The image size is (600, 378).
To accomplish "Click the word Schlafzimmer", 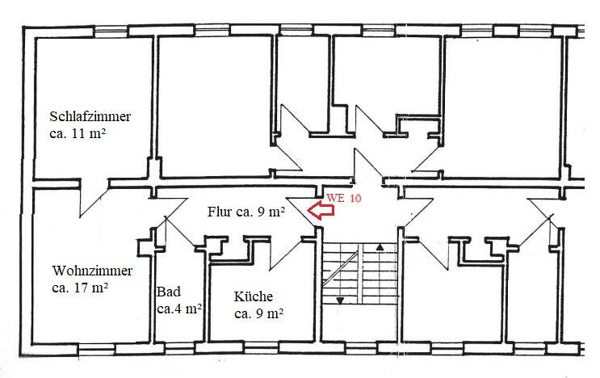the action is tap(89, 116).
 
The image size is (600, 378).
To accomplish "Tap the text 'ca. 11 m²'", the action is tap(79, 134).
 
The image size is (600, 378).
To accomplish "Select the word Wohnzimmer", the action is tap(91, 270).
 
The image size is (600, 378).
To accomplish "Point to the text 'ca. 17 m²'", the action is tap(80, 288).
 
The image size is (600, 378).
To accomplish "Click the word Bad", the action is tap(168, 292).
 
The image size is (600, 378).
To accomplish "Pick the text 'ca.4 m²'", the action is tap(178, 309).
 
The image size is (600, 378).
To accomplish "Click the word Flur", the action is tap(220, 212).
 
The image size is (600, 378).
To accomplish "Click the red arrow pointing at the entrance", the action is tap(321, 212).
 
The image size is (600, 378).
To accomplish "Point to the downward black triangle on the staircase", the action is tap(341, 301).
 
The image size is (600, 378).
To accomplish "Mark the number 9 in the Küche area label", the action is tap(262, 314).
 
